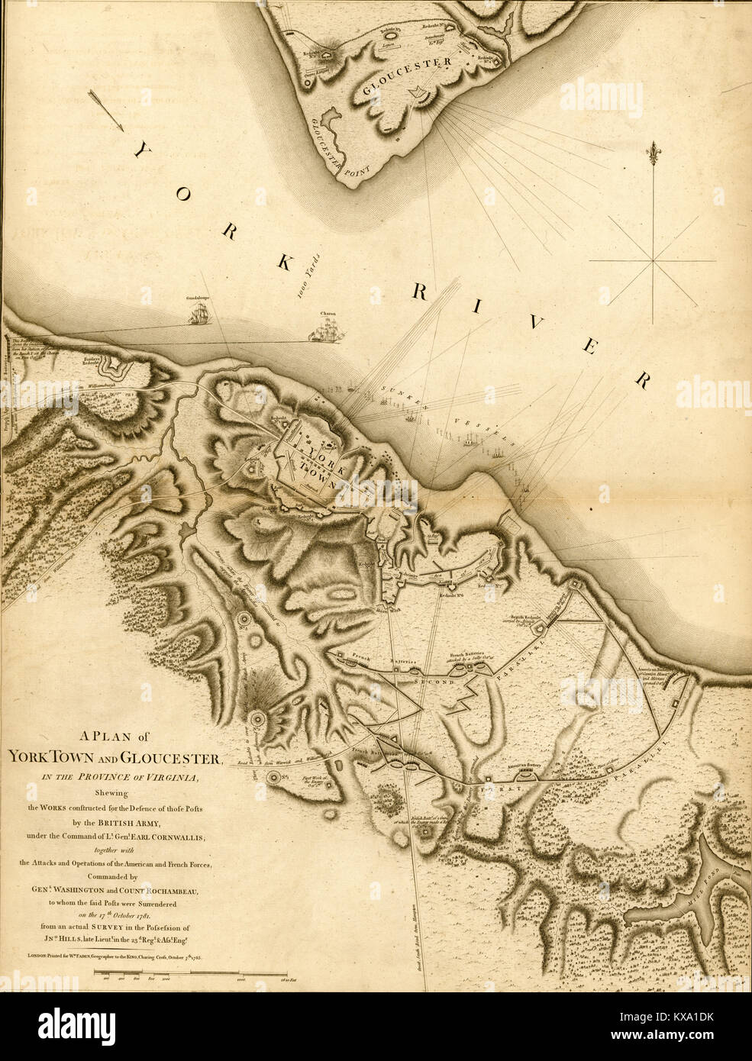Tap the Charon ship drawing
coord(326,330)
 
